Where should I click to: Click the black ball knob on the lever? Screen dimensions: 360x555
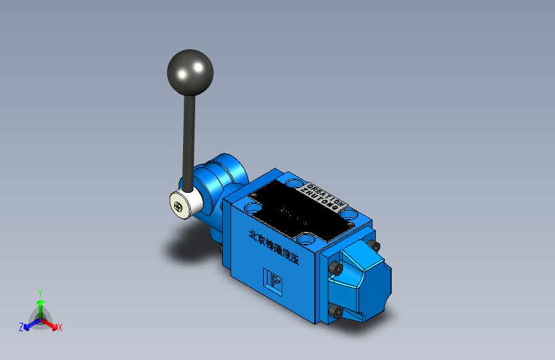tap(189, 70)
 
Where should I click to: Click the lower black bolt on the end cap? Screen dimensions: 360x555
tap(335, 312)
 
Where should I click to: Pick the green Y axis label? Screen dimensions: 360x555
tap(40, 292)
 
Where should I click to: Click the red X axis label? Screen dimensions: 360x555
tap(60, 327)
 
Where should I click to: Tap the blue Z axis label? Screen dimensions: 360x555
tap(21, 327)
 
